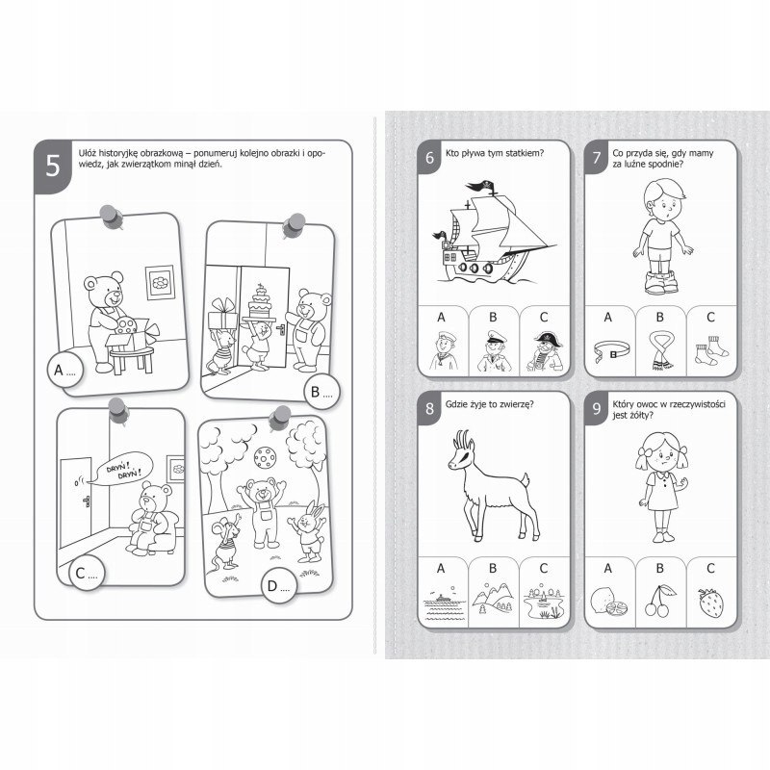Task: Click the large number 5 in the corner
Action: tap(53, 166)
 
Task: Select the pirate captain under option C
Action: tap(545, 351)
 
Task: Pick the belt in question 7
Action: tap(611, 350)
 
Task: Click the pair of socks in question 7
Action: tap(711, 350)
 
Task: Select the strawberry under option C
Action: tap(710, 603)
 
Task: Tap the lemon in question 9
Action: tap(606, 602)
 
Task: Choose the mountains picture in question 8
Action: tap(493, 598)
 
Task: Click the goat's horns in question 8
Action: tap(462, 439)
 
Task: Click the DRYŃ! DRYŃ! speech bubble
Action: tap(121, 470)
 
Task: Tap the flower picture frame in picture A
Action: tap(160, 282)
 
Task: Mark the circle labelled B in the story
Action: tap(322, 392)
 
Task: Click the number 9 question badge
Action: tap(597, 408)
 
